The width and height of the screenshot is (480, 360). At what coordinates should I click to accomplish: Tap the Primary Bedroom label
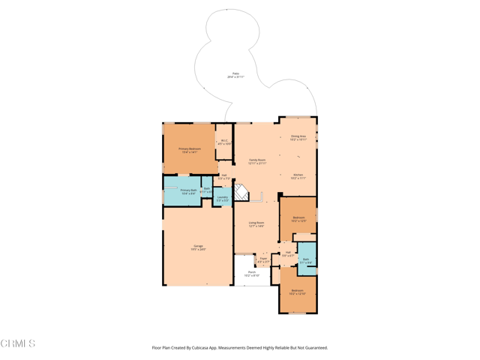[x=189, y=150]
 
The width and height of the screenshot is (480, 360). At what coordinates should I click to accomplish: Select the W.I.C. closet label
[x=224, y=142]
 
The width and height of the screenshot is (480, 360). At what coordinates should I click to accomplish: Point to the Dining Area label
[x=298, y=137]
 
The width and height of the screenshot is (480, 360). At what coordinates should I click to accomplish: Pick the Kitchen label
[x=298, y=176]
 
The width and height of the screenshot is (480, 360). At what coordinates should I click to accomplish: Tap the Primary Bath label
[x=187, y=192]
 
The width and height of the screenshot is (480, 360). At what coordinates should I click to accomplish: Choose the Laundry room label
[x=222, y=199]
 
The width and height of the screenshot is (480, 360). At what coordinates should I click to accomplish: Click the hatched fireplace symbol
[x=241, y=193]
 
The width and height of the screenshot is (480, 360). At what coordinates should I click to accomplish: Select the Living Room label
[x=256, y=223]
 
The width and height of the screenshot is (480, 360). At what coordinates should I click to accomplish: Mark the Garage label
[x=199, y=247]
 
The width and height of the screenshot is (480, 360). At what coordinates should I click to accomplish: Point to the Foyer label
[x=263, y=260]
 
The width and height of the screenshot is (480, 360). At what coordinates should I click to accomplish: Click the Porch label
[x=251, y=274]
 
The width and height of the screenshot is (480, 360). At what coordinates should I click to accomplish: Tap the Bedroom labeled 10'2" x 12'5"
[x=298, y=219]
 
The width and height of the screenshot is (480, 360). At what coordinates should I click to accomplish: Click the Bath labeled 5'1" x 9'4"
[x=306, y=261]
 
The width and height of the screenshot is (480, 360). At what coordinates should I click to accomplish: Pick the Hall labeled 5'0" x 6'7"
[x=288, y=254]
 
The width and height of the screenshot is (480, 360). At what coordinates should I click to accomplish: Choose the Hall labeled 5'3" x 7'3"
[x=223, y=177]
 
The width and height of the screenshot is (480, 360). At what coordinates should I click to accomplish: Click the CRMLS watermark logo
[x=18, y=343]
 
